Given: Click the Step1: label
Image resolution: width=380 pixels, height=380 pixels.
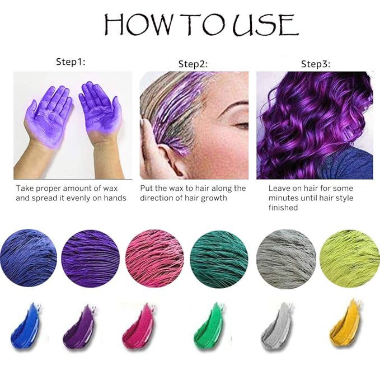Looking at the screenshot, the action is pyautogui.click(x=71, y=62).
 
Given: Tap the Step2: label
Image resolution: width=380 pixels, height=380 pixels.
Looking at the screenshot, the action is pyautogui.click(x=193, y=64).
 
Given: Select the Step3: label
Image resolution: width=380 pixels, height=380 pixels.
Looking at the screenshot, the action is pyautogui.click(x=316, y=64).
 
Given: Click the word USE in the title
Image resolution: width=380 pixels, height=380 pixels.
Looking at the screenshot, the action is pyautogui.click(x=265, y=25).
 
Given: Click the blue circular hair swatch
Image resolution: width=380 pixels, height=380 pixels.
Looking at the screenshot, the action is pyautogui.click(x=29, y=258).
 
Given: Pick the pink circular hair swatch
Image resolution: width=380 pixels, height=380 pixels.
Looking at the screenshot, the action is pyautogui.click(x=154, y=259).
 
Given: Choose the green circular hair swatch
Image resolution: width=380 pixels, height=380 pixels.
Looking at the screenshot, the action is pyautogui.click(x=219, y=259).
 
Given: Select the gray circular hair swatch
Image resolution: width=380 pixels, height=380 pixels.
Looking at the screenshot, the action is pyautogui.click(x=286, y=259).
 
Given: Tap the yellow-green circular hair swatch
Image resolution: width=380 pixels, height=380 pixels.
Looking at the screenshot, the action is pyautogui.click(x=350, y=259).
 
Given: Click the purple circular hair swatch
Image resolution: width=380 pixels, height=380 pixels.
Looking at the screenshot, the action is pyautogui.click(x=91, y=259).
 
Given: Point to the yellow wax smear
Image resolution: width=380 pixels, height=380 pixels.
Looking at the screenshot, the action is pyautogui.click(x=344, y=324).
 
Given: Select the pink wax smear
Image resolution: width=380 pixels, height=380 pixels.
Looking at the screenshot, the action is pyautogui.click(x=138, y=326).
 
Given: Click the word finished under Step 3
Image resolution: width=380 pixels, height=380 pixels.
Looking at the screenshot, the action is pyautogui.click(x=283, y=208).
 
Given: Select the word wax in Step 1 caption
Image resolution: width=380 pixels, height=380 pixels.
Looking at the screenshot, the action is pyautogui.click(x=110, y=189).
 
